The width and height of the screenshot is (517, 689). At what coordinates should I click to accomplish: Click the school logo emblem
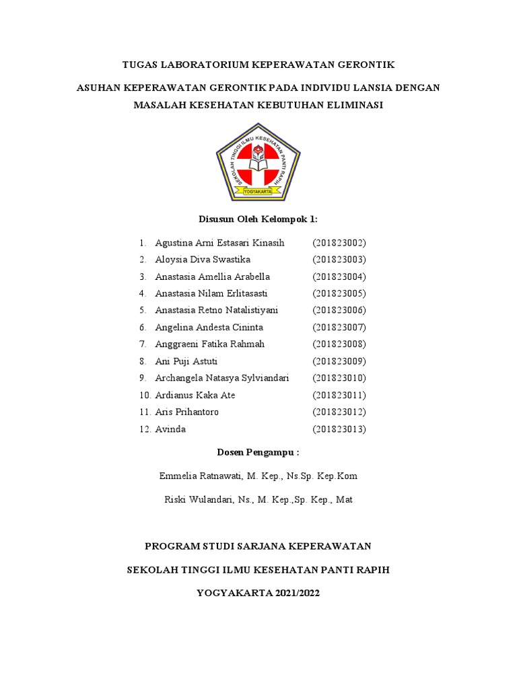coord(258,162)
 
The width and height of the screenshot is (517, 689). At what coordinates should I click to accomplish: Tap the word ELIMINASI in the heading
coord(353,105)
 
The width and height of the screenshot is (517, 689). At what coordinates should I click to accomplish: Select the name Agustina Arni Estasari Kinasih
coord(219,242)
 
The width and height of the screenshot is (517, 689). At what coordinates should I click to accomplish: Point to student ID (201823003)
coord(339,260)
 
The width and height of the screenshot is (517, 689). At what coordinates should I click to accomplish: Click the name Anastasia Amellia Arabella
coord(212,277)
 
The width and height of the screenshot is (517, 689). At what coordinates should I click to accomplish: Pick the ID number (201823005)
coord(339,293)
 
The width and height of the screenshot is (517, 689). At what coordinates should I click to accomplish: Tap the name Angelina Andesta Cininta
coord(209,327)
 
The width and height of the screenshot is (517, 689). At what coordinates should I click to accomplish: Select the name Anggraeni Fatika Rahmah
coord(209,344)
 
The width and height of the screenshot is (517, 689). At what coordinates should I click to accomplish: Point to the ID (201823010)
coord(339,378)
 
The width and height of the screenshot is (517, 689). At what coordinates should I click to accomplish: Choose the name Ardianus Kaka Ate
coord(195,395)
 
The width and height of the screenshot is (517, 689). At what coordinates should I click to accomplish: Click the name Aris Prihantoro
coord(186,412)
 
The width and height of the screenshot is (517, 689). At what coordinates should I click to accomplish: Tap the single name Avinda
coord(170,429)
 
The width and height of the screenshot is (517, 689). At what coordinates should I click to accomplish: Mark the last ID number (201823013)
coord(339,429)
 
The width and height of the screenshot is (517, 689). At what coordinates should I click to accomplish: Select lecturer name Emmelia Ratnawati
coord(201,476)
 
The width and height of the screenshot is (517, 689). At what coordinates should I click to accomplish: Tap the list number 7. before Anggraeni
coord(143,344)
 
